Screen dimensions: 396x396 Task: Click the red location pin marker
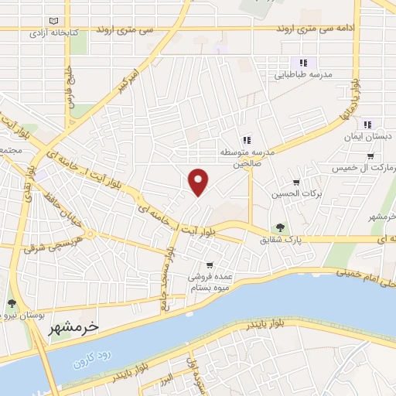click(199, 181)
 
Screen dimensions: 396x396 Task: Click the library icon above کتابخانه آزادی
click(53, 21)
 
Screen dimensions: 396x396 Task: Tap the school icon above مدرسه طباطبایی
click(304, 63)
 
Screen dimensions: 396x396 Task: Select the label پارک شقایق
click(280, 241)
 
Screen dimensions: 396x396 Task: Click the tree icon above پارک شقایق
click(280, 227)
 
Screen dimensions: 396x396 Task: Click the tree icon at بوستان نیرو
click(12, 303)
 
